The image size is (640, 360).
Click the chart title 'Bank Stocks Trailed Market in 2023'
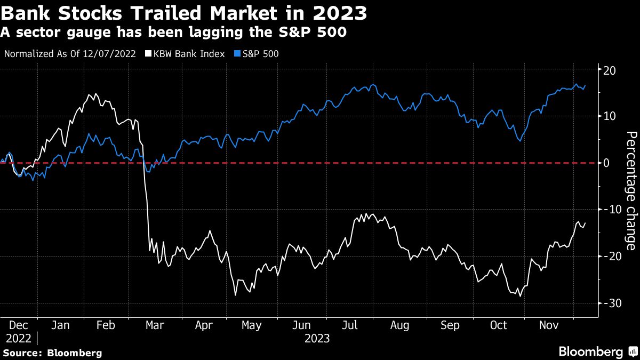tap(183, 13)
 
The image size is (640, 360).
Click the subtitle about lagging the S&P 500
tap(174, 33)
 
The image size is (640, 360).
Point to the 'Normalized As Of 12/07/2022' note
tap(70, 54)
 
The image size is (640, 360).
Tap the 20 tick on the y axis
tap(610, 70)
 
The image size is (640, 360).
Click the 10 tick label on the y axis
tap(610, 116)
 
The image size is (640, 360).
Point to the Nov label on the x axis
tap(549, 325)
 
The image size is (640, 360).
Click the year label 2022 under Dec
tap(18, 338)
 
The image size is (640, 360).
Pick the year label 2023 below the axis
tap(317, 338)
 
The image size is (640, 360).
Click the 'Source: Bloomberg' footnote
tap(51, 353)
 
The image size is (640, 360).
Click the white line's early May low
tap(235, 295)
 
